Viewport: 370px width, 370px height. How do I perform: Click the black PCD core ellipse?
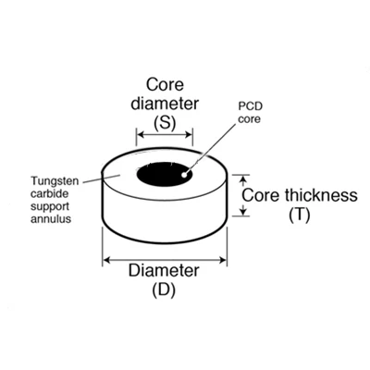click(x=165, y=175)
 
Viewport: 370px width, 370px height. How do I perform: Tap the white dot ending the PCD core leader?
click(x=184, y=175)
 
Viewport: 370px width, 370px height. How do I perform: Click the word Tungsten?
click(x=55, y=181)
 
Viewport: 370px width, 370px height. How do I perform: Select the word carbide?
click(x=49, y=194)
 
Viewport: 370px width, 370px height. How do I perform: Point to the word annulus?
click(x=51, y=219)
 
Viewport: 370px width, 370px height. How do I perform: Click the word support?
click(x=50, y=207)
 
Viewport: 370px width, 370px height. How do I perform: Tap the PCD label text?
click(x=250, y=106)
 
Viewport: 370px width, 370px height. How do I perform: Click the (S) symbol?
click(x=165, y=123)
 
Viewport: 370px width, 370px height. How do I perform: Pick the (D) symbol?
click(x=164, y=290)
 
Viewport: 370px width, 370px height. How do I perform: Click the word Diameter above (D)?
click(x=164, y=270)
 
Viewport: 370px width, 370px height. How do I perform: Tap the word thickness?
click(x=321, y=195)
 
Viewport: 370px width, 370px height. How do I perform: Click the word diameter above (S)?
click(x=165, y=104)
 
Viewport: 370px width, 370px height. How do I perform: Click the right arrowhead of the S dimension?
click(x=189, y=135)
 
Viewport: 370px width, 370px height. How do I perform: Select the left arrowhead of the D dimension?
click(x=106, y=261)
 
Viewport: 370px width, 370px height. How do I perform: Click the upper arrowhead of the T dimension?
click(x=243, y=179)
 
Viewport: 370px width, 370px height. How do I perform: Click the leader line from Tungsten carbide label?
click(x=102, y=179)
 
